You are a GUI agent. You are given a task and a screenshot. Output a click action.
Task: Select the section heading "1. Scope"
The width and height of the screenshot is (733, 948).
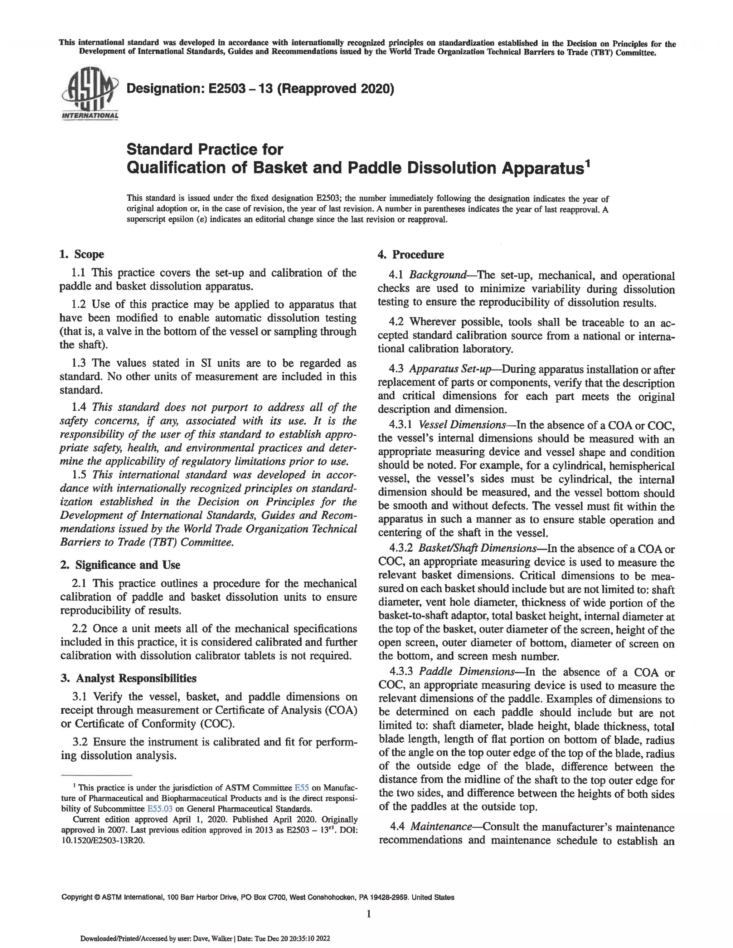[x=82, y=254]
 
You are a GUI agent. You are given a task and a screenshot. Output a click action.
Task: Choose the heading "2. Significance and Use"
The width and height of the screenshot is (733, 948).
[x=120, y=565]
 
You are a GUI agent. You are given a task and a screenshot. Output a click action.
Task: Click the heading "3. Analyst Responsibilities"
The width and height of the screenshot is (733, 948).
[x=128, y=678]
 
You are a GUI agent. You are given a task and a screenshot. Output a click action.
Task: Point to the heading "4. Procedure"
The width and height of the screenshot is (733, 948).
[x=411, y=254]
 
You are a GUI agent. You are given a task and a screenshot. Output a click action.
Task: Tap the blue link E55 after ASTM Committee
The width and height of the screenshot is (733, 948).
[x=302, y=788]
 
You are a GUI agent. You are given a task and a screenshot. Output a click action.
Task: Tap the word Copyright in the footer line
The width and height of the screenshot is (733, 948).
[x=77, y=897]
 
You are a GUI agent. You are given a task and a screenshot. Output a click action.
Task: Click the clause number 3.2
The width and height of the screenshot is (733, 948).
[x=81, y=742]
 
